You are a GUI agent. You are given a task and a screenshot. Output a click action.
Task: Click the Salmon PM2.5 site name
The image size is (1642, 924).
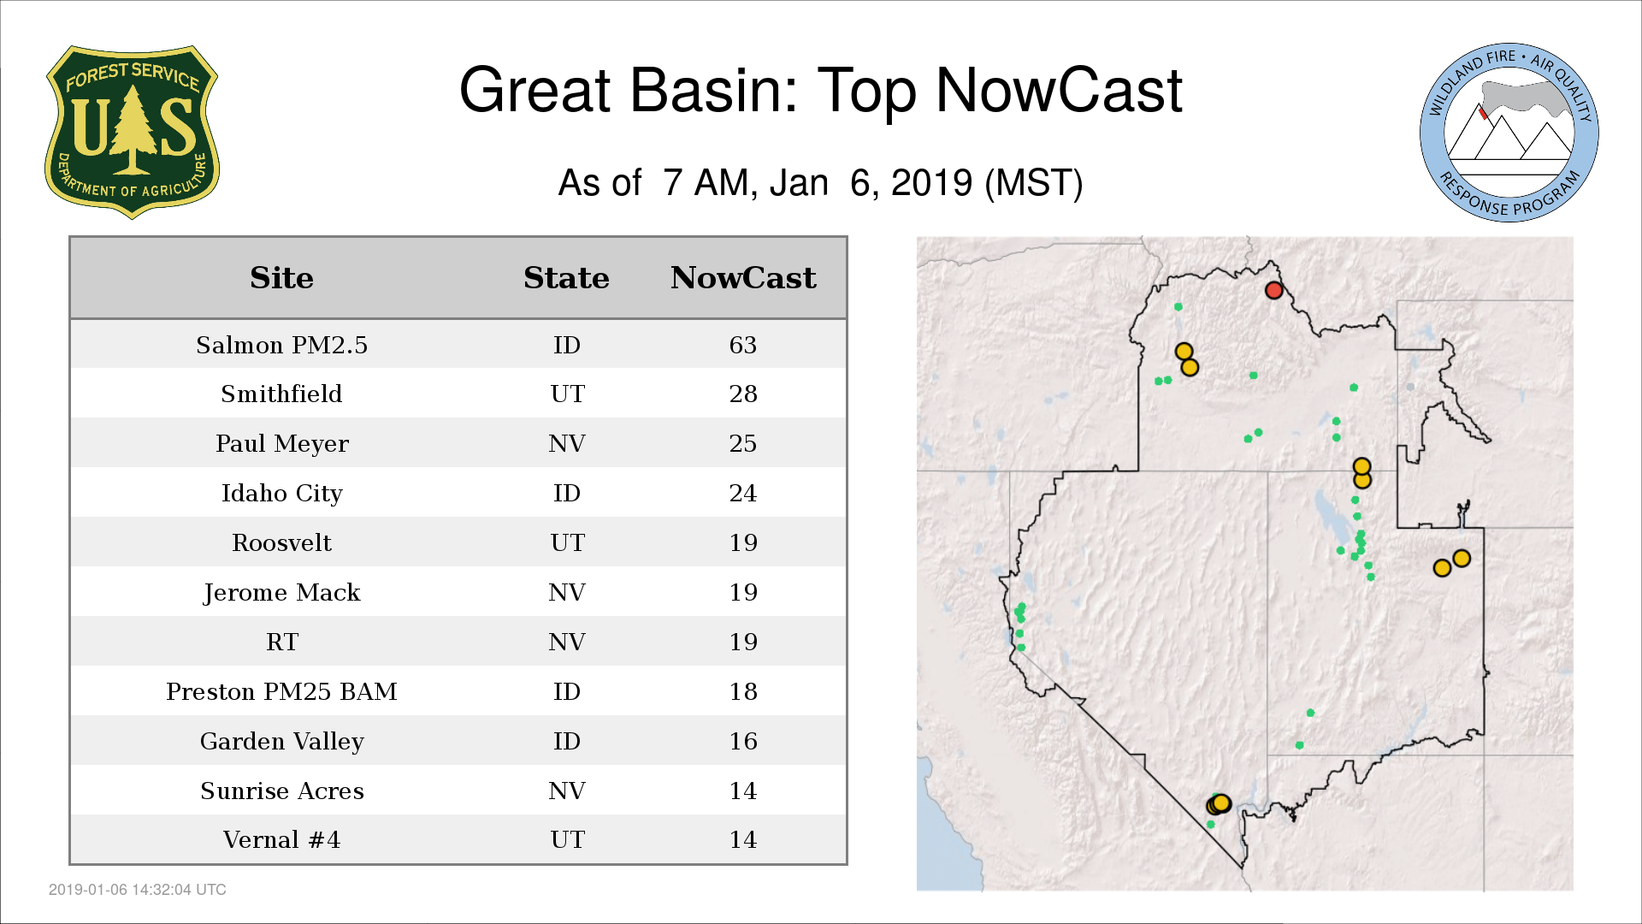(x=281, y=345)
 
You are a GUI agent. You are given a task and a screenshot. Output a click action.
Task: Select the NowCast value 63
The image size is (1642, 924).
(x=742, y=345)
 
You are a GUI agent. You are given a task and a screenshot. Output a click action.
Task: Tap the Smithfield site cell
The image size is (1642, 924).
(x=281, y=394)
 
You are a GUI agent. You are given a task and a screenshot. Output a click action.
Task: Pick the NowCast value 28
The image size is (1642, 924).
(x=742, y=394)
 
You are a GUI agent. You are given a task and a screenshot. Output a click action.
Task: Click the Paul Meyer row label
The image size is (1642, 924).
(x=281, y=443)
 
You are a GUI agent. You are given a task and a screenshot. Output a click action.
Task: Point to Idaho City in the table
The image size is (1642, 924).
(x=281, y=493)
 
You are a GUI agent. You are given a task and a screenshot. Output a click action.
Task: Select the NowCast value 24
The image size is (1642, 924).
(x=742, y=493)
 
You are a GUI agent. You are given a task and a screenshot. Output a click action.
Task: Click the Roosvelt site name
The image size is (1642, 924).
(x=281, y=542)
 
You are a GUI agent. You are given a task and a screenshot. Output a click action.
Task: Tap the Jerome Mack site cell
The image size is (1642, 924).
(x=281, y=592)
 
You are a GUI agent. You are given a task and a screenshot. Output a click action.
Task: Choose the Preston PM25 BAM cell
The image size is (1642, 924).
(x=281, y=691)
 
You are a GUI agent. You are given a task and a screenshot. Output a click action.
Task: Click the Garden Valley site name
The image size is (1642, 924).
(x=281, y=741)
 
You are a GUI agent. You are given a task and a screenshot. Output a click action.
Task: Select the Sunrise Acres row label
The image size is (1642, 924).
(x=281, y=791)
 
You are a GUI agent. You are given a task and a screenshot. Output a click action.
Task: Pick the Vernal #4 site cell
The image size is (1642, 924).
(x=281, y=839)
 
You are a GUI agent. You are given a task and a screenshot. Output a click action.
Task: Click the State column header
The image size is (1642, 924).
(x=566, y=278)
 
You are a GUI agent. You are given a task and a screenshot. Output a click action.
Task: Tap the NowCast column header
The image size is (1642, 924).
(x=743, y=278)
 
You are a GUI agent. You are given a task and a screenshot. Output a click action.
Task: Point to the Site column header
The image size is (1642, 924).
(x=281, y=278)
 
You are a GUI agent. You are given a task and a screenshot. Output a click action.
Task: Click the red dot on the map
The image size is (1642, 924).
(x=1273, y=290)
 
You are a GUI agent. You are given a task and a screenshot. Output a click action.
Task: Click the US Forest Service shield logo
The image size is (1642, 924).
(x=132, y=133)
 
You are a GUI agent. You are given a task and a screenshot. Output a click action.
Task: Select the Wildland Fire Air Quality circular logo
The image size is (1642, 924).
(x=1509, y=133)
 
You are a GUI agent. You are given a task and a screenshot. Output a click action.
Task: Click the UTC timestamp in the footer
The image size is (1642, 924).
(x=138, y=890)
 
